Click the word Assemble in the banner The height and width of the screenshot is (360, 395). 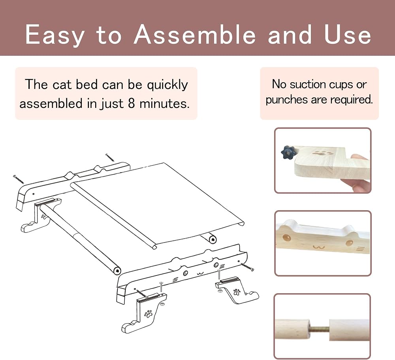pyautogui.click(x=195, y=34)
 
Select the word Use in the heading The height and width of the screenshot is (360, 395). pyautogui.click(x=348, y=34)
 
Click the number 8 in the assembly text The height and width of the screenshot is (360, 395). pyautogui.click(x=131, y=104)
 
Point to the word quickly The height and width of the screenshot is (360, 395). pyautogui.click(x=167, y=85)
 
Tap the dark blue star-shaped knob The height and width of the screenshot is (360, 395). pyautogui.click(x=288, y=152)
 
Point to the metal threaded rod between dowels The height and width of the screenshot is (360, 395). pyautogui.click(x=320, y=329)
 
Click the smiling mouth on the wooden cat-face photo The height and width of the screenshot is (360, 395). pyautogui.click(x=319, y=247)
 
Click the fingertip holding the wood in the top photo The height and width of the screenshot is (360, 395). pyautogui.click(x=361, y=159)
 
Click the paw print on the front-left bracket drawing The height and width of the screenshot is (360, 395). pyautogui.click(x=148, y=313)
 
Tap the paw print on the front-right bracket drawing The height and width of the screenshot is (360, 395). pyautogui.click(x=237, y=292)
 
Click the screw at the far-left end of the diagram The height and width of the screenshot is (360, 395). pyautogui.click(x=19, y=179)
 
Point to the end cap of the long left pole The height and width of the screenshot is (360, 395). pyautogui.click(x=117, y=271)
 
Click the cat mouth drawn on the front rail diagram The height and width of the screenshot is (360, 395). pyautogui.click(x=200, y=273)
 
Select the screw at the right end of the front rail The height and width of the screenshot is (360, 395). pyautogui.click(x=247, y=267)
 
